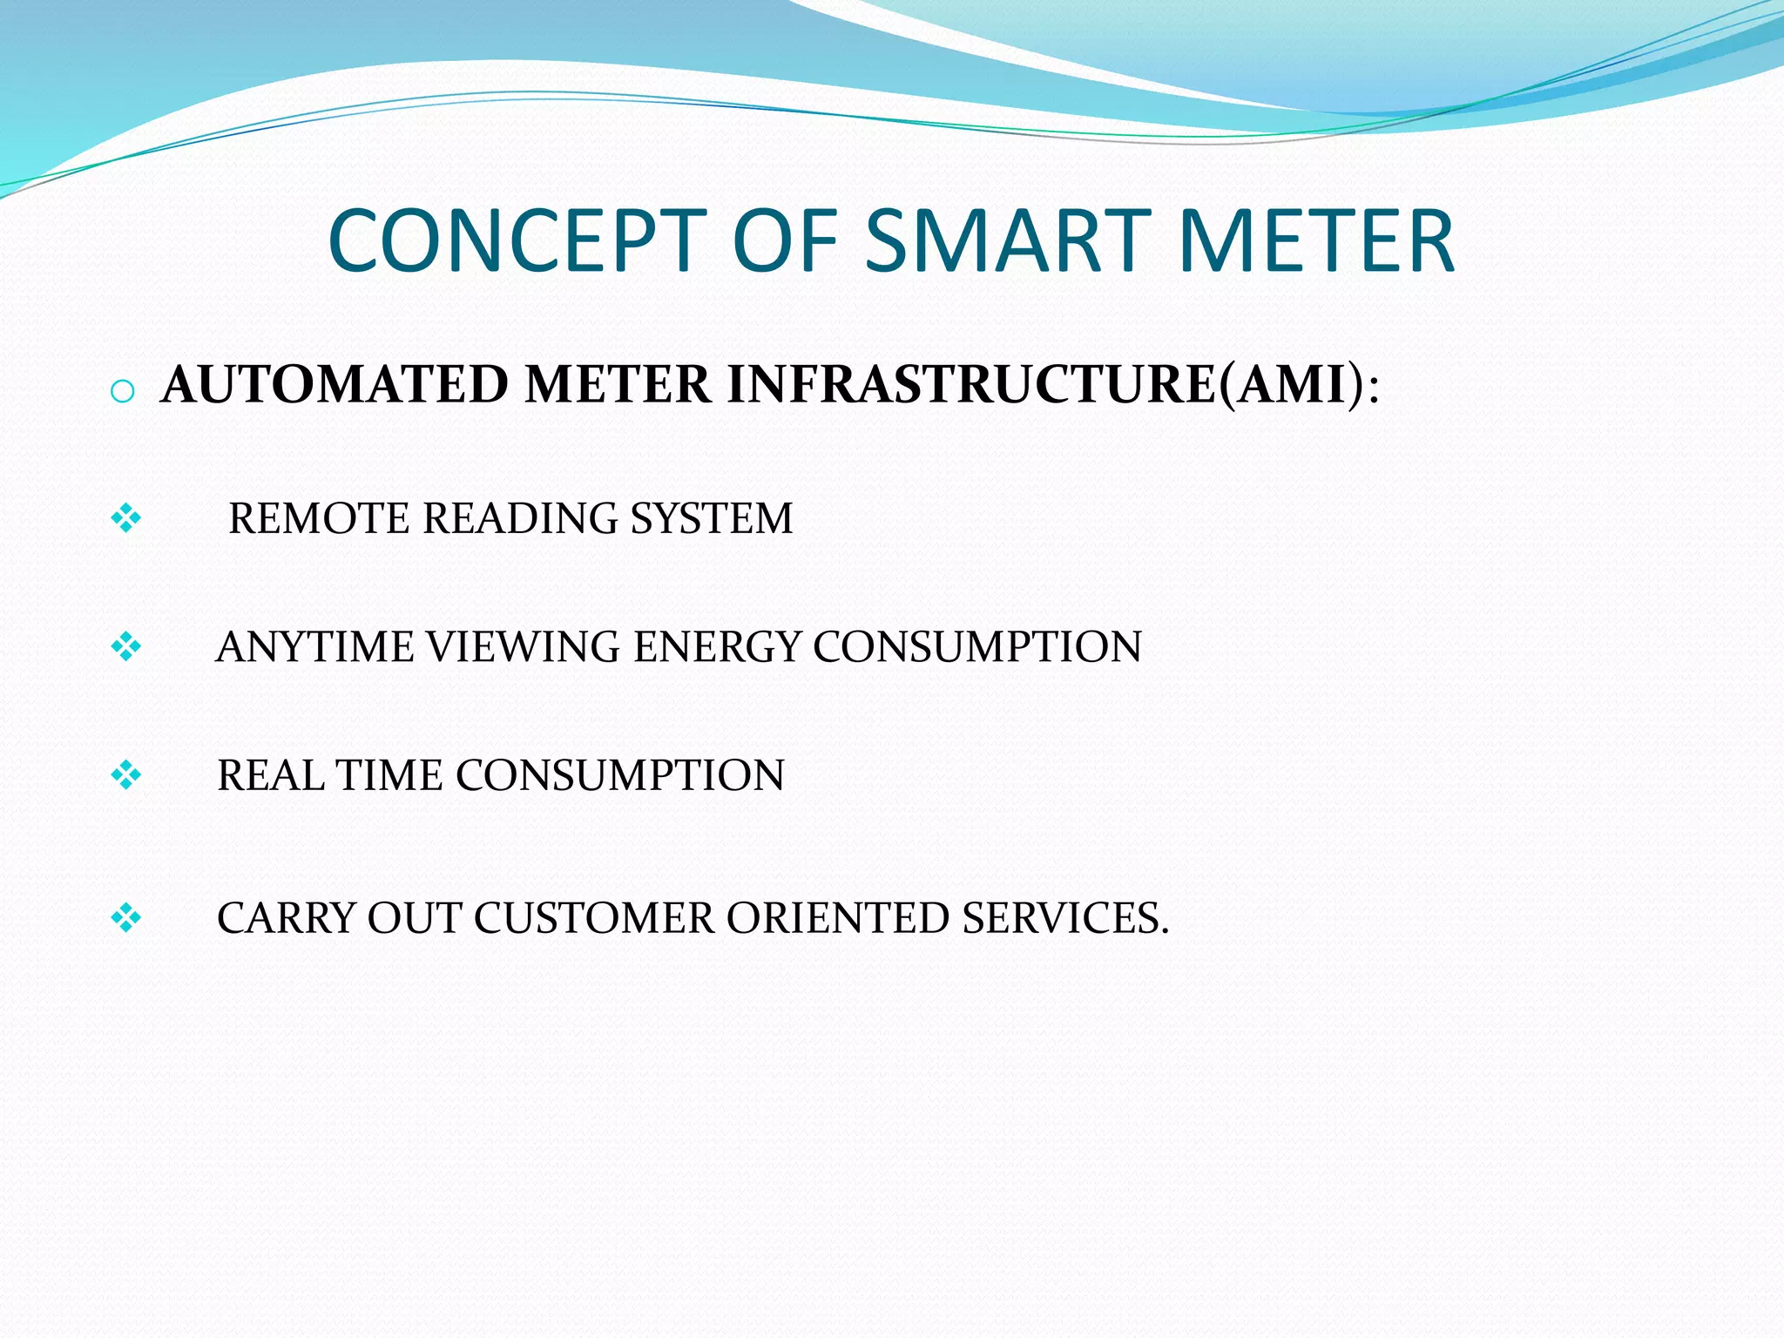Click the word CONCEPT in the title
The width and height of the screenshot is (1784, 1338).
(x=517, y=241)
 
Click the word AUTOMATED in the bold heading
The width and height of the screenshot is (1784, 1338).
(x=335, y=384)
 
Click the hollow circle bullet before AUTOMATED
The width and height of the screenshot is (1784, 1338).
(x=123, y=392)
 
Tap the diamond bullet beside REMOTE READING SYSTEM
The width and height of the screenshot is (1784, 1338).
(x=126, y=519)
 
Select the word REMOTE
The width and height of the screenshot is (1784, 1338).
(x=319, y=519)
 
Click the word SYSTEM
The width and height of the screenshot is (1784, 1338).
(x=712, y=519)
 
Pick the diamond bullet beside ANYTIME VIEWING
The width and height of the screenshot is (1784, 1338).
(x=126, y=647)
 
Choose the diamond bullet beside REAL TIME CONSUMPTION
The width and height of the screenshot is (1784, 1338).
(x=126, y=774)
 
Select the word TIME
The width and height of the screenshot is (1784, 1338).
(x=389, y=775)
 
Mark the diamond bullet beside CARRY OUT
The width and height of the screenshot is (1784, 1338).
(x=126, y=917)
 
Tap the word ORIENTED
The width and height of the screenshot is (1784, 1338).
(x=837, y=918)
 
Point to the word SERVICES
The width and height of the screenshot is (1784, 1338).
(x=1064, y=918)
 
